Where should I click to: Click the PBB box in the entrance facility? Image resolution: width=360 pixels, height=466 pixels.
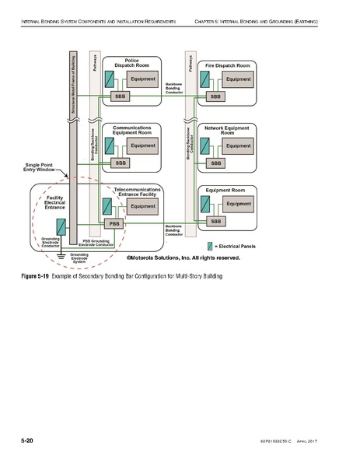click(113, 223)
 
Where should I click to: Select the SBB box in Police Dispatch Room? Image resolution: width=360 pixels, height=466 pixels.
click(121, 96)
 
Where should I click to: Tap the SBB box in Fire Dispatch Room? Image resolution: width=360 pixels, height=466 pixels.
click(216, 96)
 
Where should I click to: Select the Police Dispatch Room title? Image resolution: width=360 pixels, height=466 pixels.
click(131, 63)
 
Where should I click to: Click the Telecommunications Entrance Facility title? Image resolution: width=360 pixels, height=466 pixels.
click(138, 192)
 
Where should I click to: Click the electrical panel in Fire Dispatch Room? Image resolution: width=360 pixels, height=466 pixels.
click(205, 79)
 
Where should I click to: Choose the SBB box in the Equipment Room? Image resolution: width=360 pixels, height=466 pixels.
click(216, 222)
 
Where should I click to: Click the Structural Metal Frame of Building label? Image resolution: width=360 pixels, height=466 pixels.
click(72, 86)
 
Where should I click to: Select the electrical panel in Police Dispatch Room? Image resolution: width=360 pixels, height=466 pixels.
click(110, 79)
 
